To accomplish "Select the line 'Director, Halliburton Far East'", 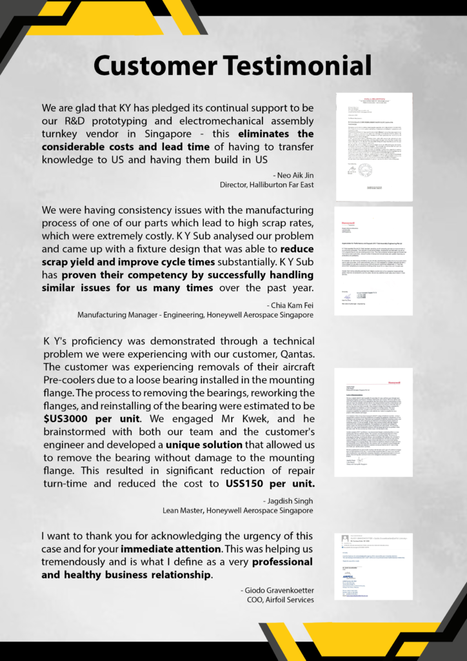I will pyautogui.click(x=266, y=185).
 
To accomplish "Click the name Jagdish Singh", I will pyautogui.click(x=288, y=500).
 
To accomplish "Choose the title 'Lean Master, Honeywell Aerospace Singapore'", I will pyautogui.click(x=238, y=510).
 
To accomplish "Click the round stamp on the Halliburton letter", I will pyautogui.click(x=365, y=170).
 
